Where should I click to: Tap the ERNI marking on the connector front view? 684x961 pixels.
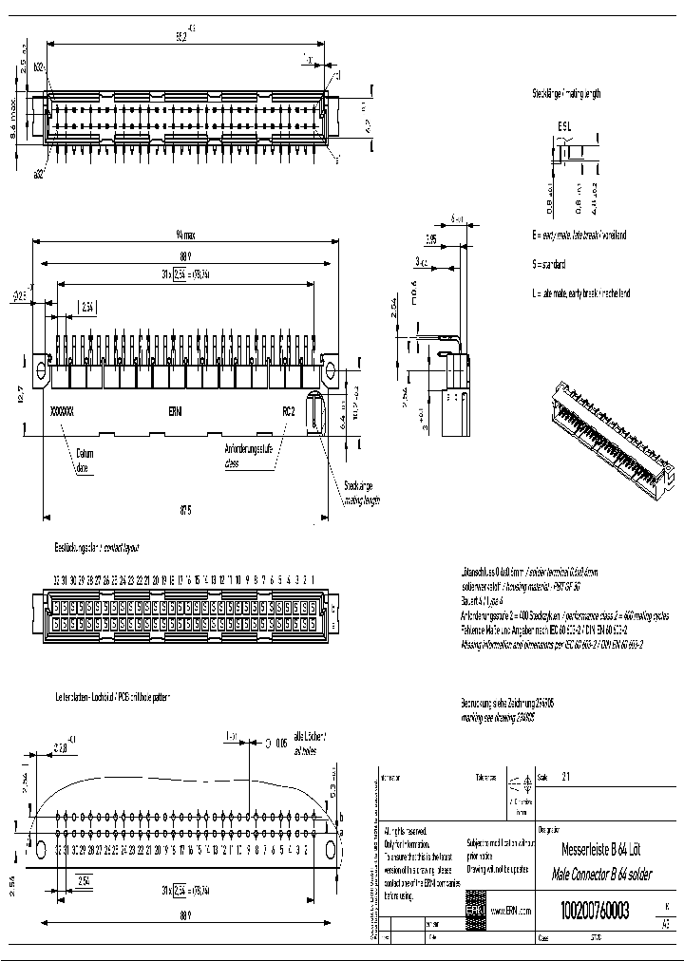pos(177,412)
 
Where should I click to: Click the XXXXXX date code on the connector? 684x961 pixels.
pos(62,412)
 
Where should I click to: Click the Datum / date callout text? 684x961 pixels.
pos(86,460)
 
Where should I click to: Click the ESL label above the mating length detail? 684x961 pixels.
pos(564,124)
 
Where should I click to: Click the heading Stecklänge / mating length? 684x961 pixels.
pos(566,94)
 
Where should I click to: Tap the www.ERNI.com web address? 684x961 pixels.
pos(511,910)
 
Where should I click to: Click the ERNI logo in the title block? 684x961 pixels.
pos(474,910)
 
